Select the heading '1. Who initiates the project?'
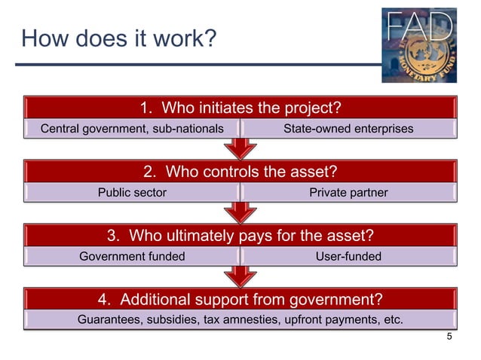(x=240, y=107)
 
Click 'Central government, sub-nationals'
(x=132, y=129)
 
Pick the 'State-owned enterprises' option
(x=348, y=129)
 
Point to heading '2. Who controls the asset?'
(x=240, y=171)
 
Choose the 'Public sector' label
(x=132, y=193)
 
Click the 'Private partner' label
(x=348, y=193)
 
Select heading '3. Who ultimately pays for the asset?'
(x=240, y=235)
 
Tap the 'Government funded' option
(x=132, y=257)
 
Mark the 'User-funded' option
(x=348, y=257)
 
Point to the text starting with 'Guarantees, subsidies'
(x=240, y=320)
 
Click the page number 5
(x=450, y=337)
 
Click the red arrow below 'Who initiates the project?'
(x=240, y=147)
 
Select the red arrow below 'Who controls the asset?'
(x=240, y=211)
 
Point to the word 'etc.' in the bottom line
(x=391, y=320)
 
